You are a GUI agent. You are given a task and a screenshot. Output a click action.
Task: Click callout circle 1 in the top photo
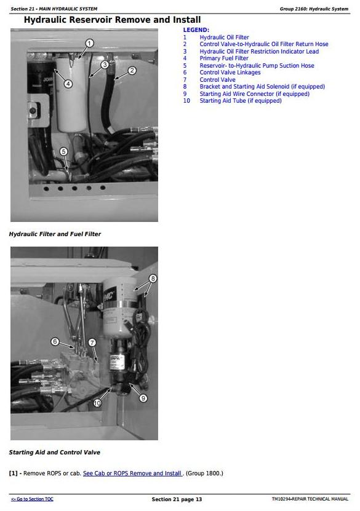click(89, 43)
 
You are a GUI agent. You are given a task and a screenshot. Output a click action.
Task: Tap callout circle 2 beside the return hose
click(132, 70)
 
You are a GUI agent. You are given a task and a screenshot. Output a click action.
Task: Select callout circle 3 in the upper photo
click(105, 65)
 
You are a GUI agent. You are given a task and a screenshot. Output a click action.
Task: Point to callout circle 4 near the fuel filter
click(68, 84)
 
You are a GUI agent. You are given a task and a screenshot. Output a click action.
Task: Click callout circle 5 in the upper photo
click(63, 151)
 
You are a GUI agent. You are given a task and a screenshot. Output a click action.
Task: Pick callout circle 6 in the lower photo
click(55, 341)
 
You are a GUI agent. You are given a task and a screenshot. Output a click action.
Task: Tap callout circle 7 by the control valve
click(92, 343)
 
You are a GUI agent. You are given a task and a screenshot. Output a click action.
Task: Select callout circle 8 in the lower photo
click(153, 279)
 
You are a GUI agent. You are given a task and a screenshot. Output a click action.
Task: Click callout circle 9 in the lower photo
click(143, 398)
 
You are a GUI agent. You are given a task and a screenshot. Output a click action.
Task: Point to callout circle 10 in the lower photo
click(97, 403)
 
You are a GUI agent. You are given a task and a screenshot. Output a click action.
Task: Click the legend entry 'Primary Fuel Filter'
click(224, 58)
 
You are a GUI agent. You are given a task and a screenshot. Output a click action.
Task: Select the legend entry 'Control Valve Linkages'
click(230, 73)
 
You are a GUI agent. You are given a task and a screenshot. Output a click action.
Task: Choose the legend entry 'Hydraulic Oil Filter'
click(224, 37)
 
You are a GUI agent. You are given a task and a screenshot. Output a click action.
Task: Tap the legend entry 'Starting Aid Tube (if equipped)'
click(241, 101)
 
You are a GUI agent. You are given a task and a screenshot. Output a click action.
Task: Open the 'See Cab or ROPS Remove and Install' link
click(132, 473)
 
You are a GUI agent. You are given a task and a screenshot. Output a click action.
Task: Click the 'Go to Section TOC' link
click(32, 499)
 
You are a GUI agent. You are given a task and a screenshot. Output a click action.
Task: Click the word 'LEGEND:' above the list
click(196, 30)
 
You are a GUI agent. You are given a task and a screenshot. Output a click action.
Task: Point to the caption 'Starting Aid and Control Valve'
click(54, 453)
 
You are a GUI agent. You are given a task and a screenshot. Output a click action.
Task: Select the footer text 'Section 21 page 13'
click(177, 499)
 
